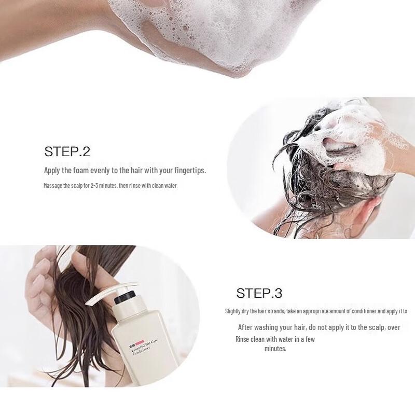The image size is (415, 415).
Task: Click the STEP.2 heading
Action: click(x=67, y=152)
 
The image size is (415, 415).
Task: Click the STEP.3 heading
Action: click(x=259, y=293)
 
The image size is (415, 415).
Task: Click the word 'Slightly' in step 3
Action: click(x=233, y=311)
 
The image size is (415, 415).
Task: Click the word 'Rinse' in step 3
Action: click(x=243, y=339)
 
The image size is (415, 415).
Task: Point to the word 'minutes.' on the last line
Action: click(x=275, y=349)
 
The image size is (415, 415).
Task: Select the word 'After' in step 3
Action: click(x=247, y=327)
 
